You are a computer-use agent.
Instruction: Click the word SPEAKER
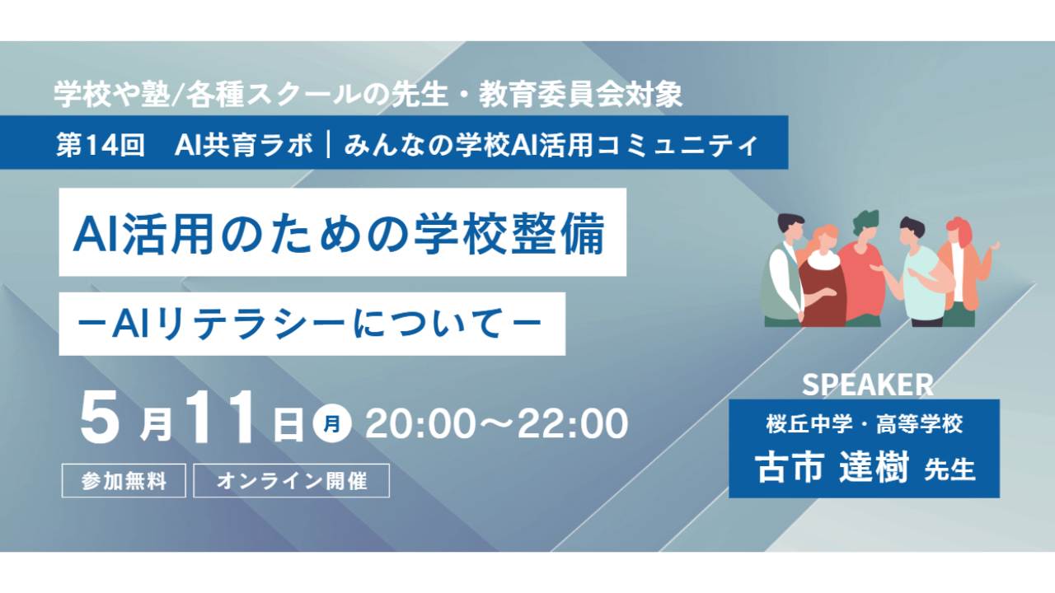click(x=867, y=385)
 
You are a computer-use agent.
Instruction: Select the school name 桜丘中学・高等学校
click(x=865, y=424)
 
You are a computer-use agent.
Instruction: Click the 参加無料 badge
click(x=124, y=480)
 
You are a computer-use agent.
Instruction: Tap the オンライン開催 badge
click(x=291, y=480)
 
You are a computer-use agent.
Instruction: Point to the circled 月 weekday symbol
click(x=331, y=424)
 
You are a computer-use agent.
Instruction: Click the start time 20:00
click(x=420, y=424)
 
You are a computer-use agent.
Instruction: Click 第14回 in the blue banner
click(x=100, y=144)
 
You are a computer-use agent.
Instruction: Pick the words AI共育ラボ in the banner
click(x=243, y=144)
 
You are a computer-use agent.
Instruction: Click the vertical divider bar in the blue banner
click(x=327, y=144)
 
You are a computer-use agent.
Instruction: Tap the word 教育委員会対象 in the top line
click(x=581, y=95)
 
